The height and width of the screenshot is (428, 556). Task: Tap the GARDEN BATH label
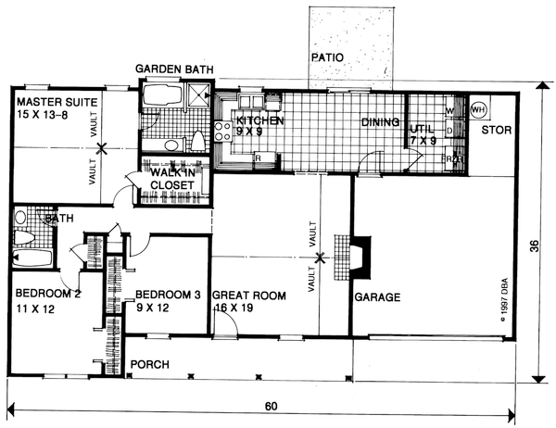click(x=172, y=70)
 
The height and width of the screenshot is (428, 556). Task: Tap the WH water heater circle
click(x=479, y=109)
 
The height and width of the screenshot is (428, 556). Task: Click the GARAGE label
click(x=376, y=298)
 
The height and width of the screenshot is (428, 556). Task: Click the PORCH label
click(x=148, y=364)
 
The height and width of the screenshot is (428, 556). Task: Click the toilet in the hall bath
click(x=20, y=219)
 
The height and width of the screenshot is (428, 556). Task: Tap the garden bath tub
click(x=163, y=96)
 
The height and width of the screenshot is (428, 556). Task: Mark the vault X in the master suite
click(x=103, y=146)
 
